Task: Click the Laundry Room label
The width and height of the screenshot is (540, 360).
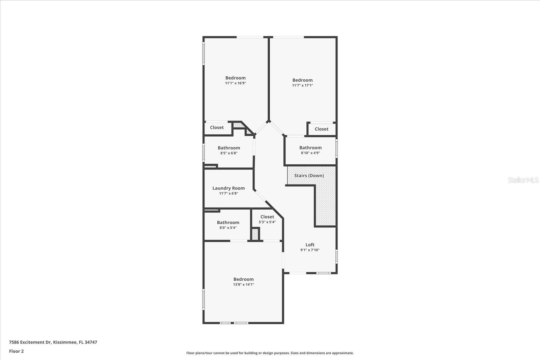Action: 228,188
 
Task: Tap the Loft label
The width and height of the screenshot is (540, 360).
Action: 310,245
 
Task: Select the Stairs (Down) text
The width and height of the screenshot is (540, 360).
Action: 309,175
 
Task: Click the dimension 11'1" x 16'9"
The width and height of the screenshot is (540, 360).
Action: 235,83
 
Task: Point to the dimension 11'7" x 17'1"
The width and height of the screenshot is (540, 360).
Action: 302,85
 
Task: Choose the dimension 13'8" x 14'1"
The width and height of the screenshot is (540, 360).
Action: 243,284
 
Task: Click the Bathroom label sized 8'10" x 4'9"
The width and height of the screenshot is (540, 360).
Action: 310,148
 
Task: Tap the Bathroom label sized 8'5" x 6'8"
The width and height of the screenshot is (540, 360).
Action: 229,148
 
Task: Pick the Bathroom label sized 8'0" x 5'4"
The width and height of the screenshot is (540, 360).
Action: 228,222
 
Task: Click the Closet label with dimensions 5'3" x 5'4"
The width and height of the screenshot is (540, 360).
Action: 267,217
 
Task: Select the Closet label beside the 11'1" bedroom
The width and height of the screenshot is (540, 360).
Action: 217,128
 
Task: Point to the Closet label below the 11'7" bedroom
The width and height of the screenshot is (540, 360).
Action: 321,129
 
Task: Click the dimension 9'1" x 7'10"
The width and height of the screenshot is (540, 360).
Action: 310,250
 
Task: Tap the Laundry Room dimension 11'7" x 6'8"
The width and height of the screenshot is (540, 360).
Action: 228,193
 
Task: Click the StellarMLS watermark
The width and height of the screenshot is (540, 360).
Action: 523,180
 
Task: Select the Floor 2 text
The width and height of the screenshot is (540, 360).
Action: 16,351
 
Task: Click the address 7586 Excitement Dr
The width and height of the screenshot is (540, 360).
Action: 53,342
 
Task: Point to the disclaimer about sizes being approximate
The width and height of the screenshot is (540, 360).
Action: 270,353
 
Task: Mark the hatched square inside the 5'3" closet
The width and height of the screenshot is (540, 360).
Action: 255,234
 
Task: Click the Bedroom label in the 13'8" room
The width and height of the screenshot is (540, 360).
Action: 243,279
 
